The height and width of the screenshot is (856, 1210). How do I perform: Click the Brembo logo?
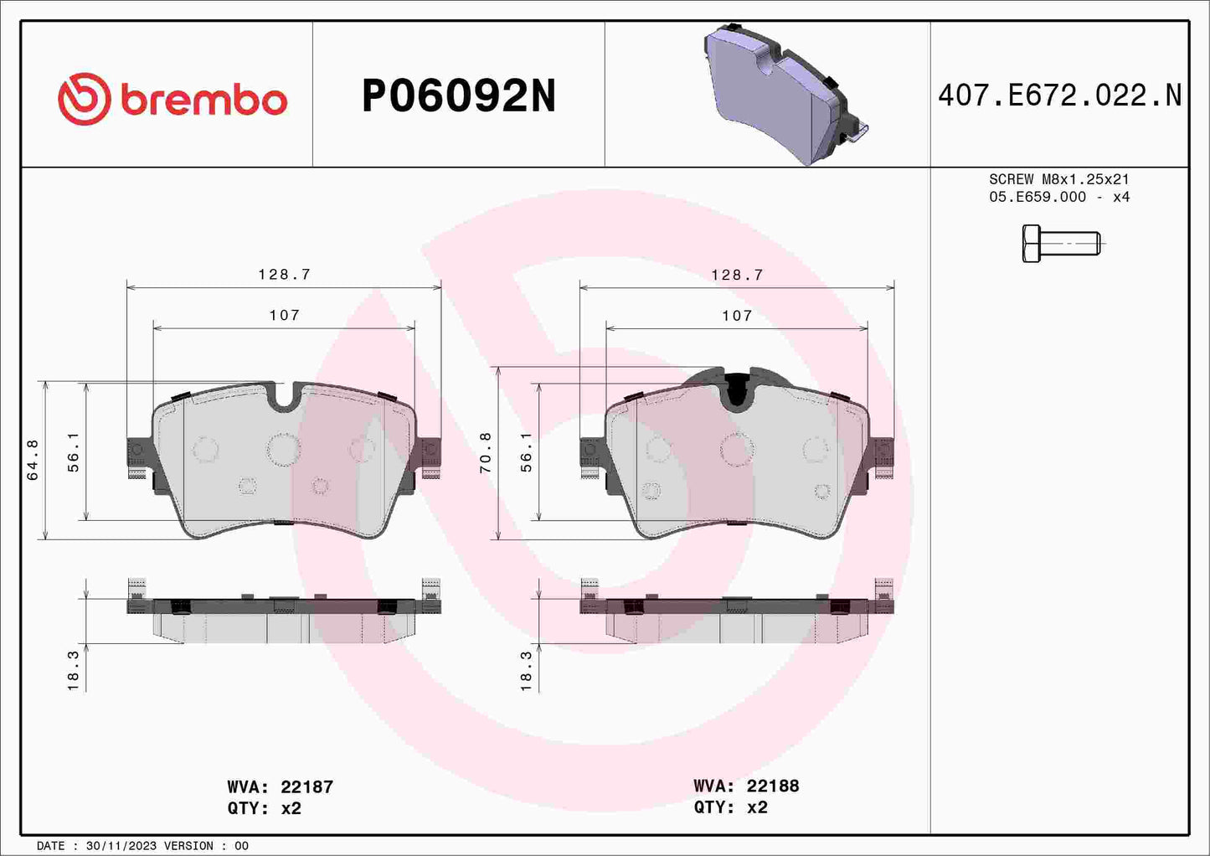[172, 99]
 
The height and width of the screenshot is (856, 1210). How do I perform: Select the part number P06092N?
[458, 96]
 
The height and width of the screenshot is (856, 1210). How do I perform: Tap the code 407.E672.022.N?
[1059, 95]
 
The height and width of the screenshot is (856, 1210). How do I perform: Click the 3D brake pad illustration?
[782, 94]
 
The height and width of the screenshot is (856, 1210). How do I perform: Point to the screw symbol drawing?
[1060, 244]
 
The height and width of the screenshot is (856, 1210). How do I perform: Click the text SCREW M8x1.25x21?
[1059, 179]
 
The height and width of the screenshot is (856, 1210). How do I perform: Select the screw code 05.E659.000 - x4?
[1059, 197]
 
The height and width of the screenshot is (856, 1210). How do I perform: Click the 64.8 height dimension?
[33, 460]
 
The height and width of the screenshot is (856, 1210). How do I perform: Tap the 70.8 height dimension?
[486, 453]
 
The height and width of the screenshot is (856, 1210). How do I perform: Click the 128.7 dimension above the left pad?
[284, 274]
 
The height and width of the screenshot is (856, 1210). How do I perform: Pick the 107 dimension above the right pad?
[737, 316]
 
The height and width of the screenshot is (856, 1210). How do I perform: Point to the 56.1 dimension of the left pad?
[74, 452]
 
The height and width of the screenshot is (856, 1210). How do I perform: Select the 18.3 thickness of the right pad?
[527, 671]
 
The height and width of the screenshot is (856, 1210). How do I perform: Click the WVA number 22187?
[306, 787]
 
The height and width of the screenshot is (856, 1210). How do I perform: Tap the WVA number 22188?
[772, 786]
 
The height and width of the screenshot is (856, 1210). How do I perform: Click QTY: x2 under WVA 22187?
[264, 808]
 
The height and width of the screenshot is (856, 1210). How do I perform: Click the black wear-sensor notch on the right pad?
[737, 390]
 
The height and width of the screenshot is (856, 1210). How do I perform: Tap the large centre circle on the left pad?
[284, 449]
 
